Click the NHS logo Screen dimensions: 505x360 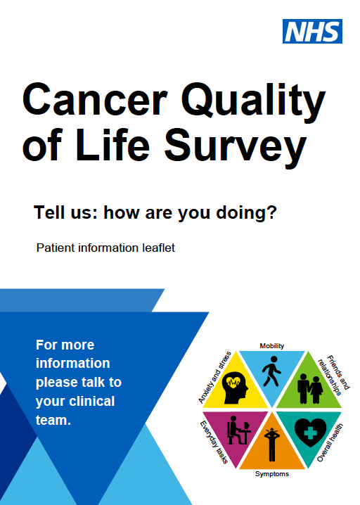pyautogui.click(x=312, y=31)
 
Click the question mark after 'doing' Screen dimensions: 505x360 pyautogui.click(x=270, y=212)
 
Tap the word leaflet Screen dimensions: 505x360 pyautogui.click(x=158, y=248)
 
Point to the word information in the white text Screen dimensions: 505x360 pyautogui.click(x=73, y=364)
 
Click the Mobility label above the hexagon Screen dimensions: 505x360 pyautogui.click(x=271, y=346)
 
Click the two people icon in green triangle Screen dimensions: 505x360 pyautogui.click(x=309, y=386)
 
